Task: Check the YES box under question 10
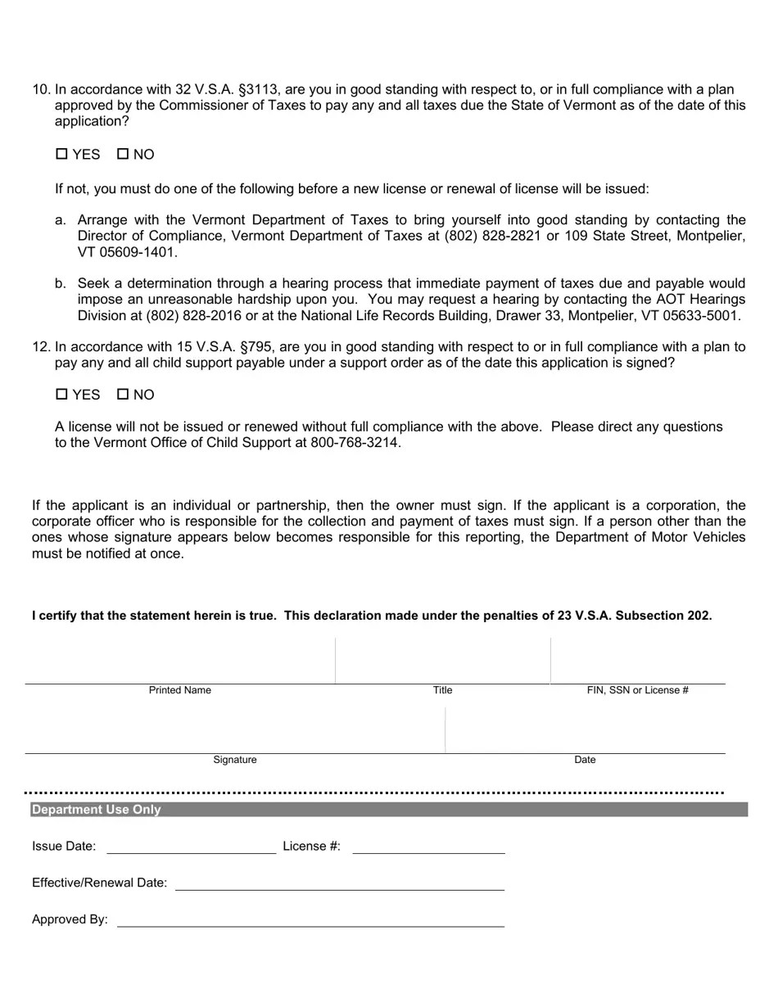[61, 154]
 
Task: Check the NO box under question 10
[123, 154]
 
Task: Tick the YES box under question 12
[61, 394]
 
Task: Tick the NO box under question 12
[123, 394]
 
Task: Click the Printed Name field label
[179, 690]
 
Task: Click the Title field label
[442, 690]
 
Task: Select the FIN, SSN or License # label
[637, 690]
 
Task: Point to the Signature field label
[235, 760]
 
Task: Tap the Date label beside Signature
[585, 760]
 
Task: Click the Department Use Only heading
[96, 810]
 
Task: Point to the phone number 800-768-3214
[355, 443]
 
